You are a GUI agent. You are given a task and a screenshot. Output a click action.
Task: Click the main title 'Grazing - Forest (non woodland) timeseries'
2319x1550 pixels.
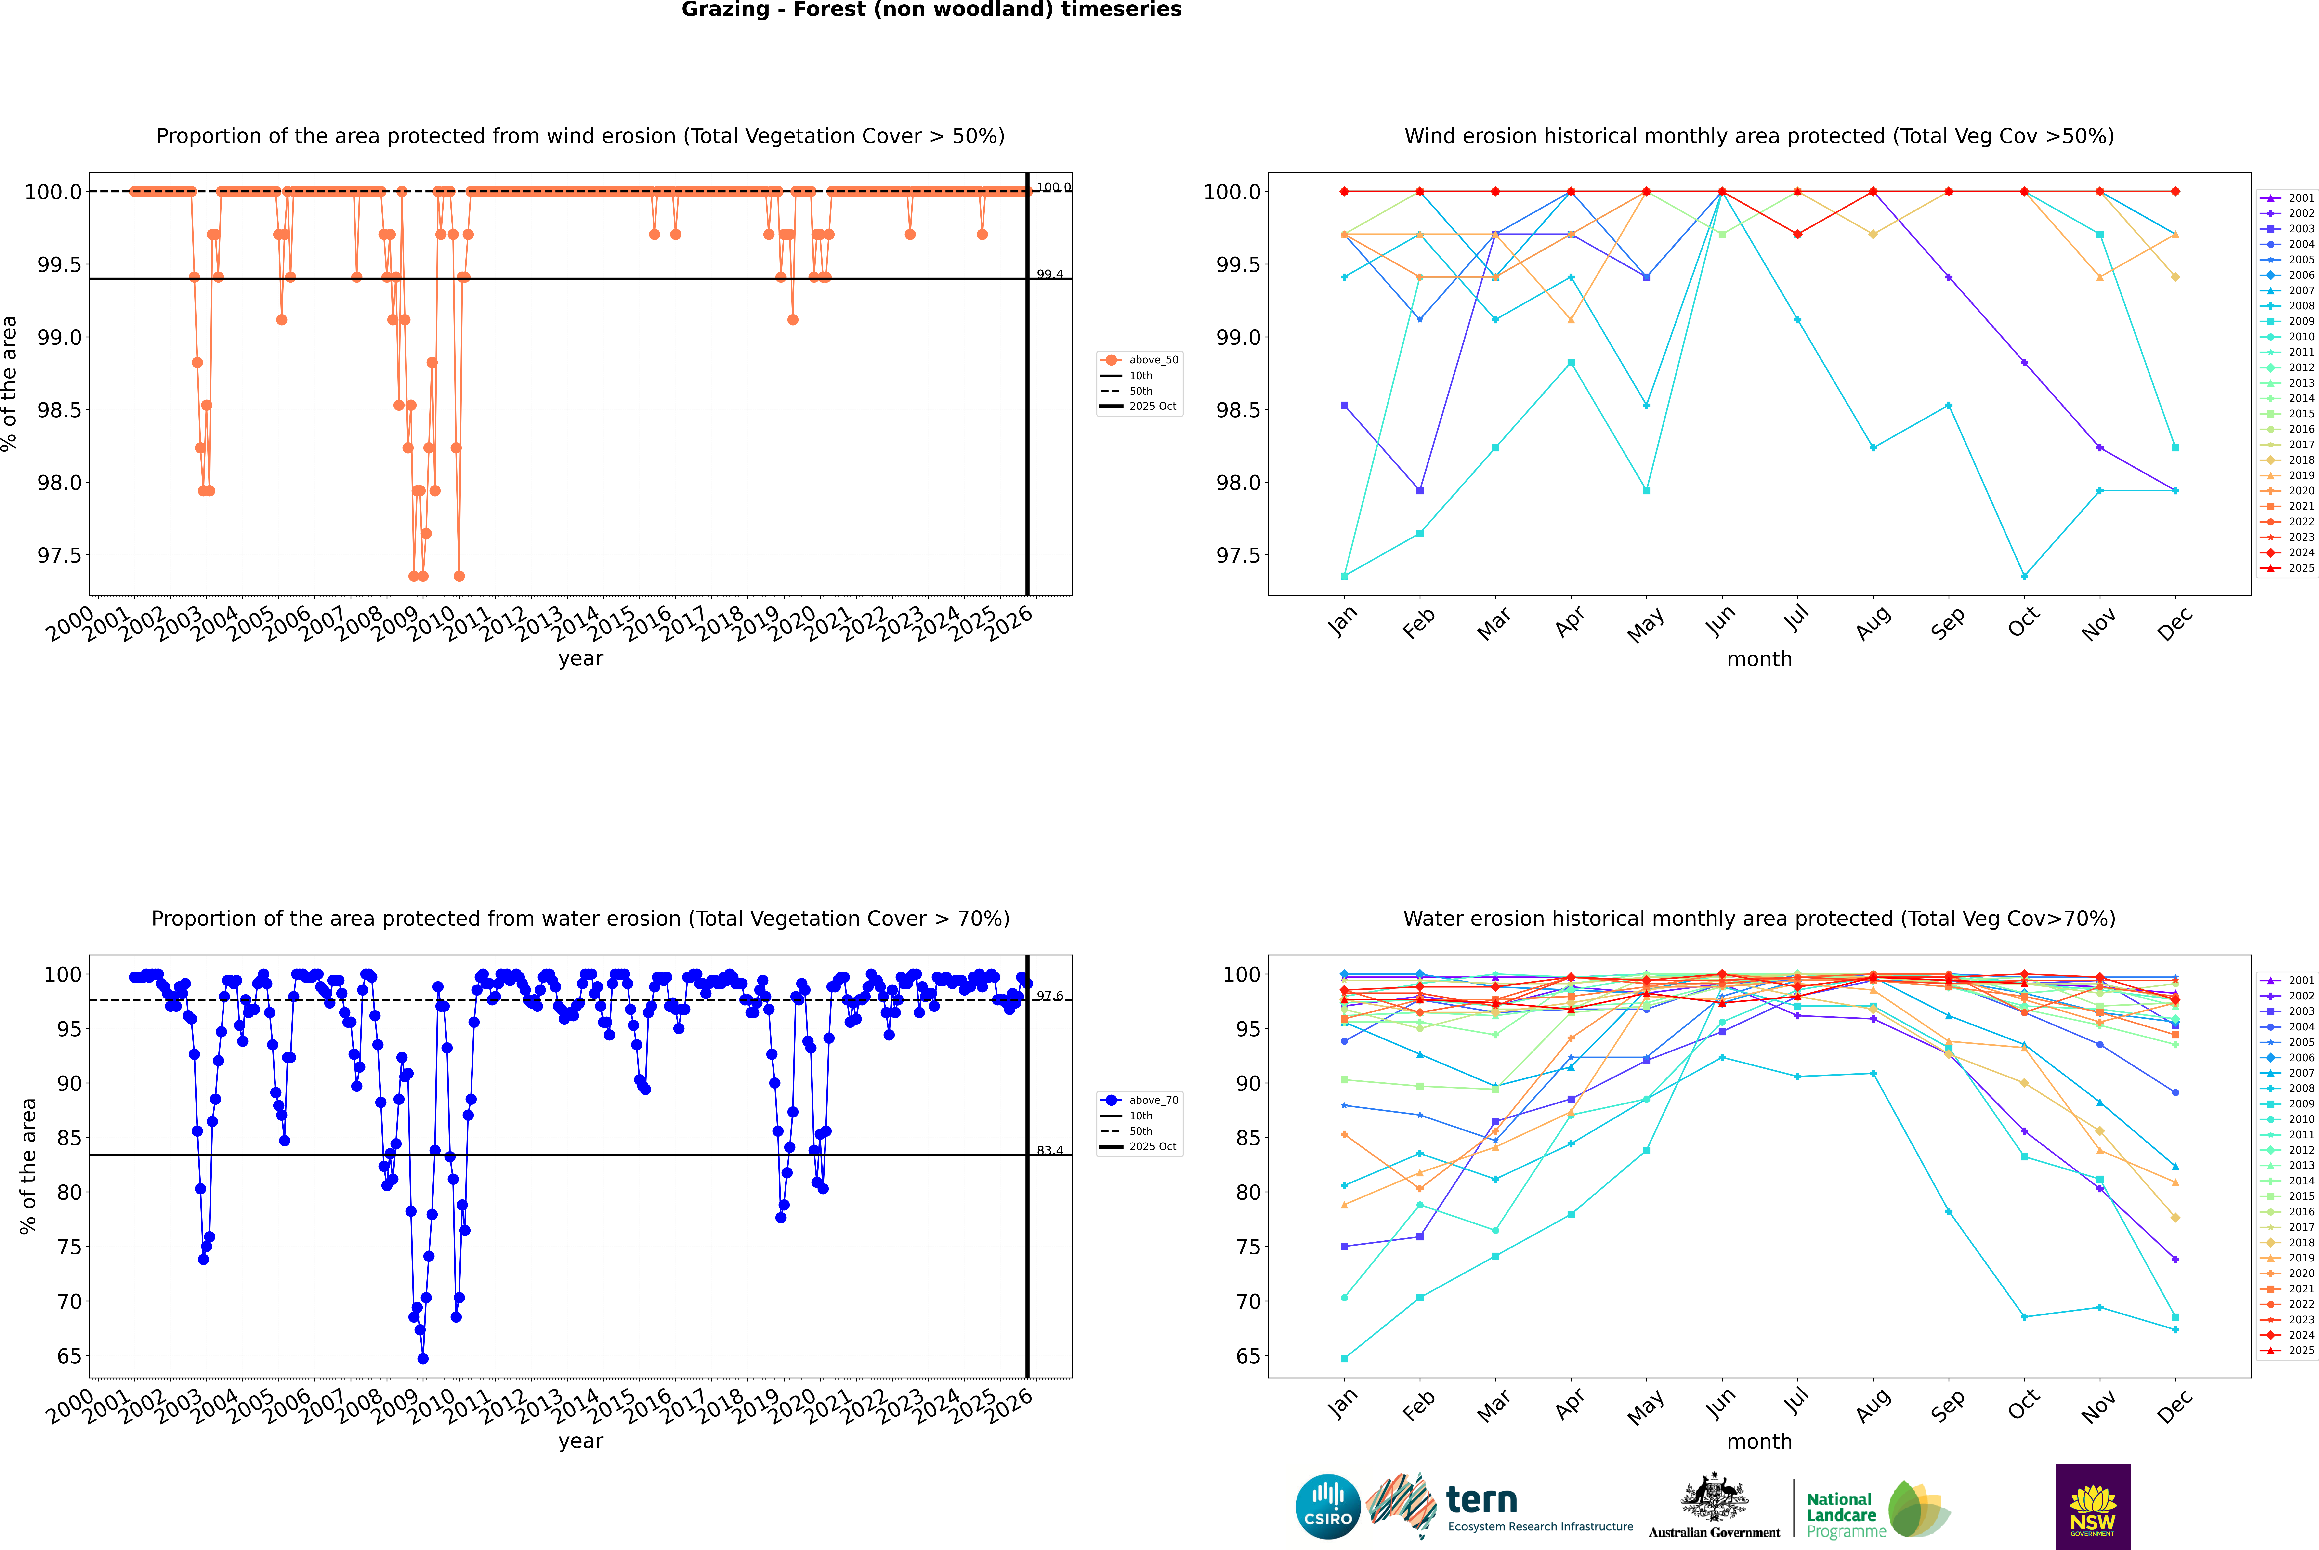(931, 10)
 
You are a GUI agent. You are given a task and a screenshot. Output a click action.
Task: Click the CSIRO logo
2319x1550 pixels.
(1328, 1507)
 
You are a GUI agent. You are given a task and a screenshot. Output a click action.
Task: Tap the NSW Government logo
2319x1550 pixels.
(2093, 1507)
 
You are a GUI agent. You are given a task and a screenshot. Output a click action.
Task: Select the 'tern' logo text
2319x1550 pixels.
(1481, 1500)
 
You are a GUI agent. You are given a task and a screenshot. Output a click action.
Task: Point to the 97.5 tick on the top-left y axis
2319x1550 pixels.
(59, 555)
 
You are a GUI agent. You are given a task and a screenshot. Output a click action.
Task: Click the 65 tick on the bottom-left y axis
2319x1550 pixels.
(69, 1356)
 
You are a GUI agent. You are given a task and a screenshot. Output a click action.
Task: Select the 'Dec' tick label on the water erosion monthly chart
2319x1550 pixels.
(2175, 1404)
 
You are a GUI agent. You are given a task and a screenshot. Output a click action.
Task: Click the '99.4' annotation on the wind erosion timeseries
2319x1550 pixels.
(1050, 275)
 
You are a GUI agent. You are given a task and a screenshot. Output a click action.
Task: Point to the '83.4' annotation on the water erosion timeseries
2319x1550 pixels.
(1050, 1151)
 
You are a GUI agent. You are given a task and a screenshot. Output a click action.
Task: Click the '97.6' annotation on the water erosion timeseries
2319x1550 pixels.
(1050, 997)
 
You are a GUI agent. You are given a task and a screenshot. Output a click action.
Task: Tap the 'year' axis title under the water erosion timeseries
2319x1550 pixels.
(580, 1441)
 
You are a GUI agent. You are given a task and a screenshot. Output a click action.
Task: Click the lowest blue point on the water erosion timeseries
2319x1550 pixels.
(423, 1358)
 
